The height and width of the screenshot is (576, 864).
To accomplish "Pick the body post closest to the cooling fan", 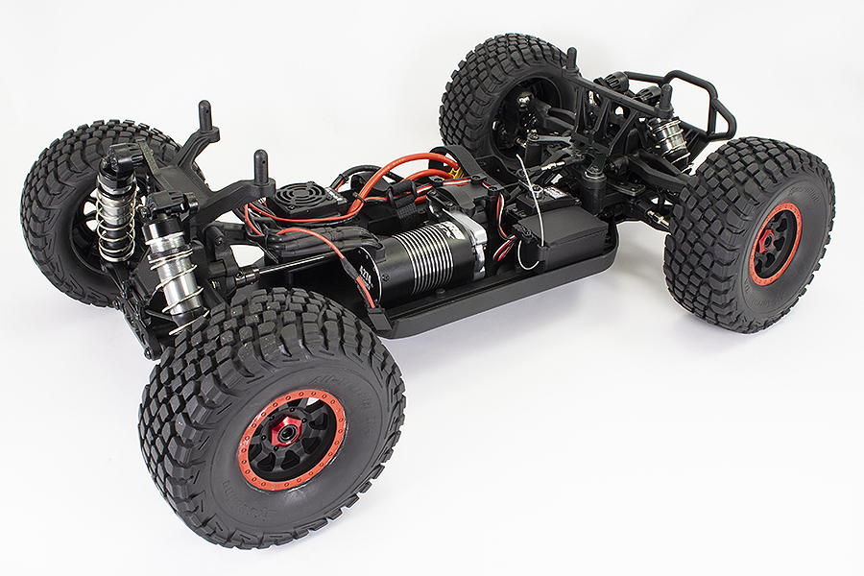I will [x=260, y=169].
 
